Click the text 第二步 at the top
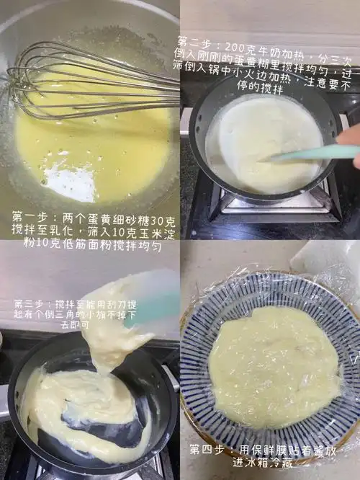[195, 43]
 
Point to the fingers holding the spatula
[349, 141]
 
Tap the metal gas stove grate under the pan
[274, 209]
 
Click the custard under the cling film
[274, 364]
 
